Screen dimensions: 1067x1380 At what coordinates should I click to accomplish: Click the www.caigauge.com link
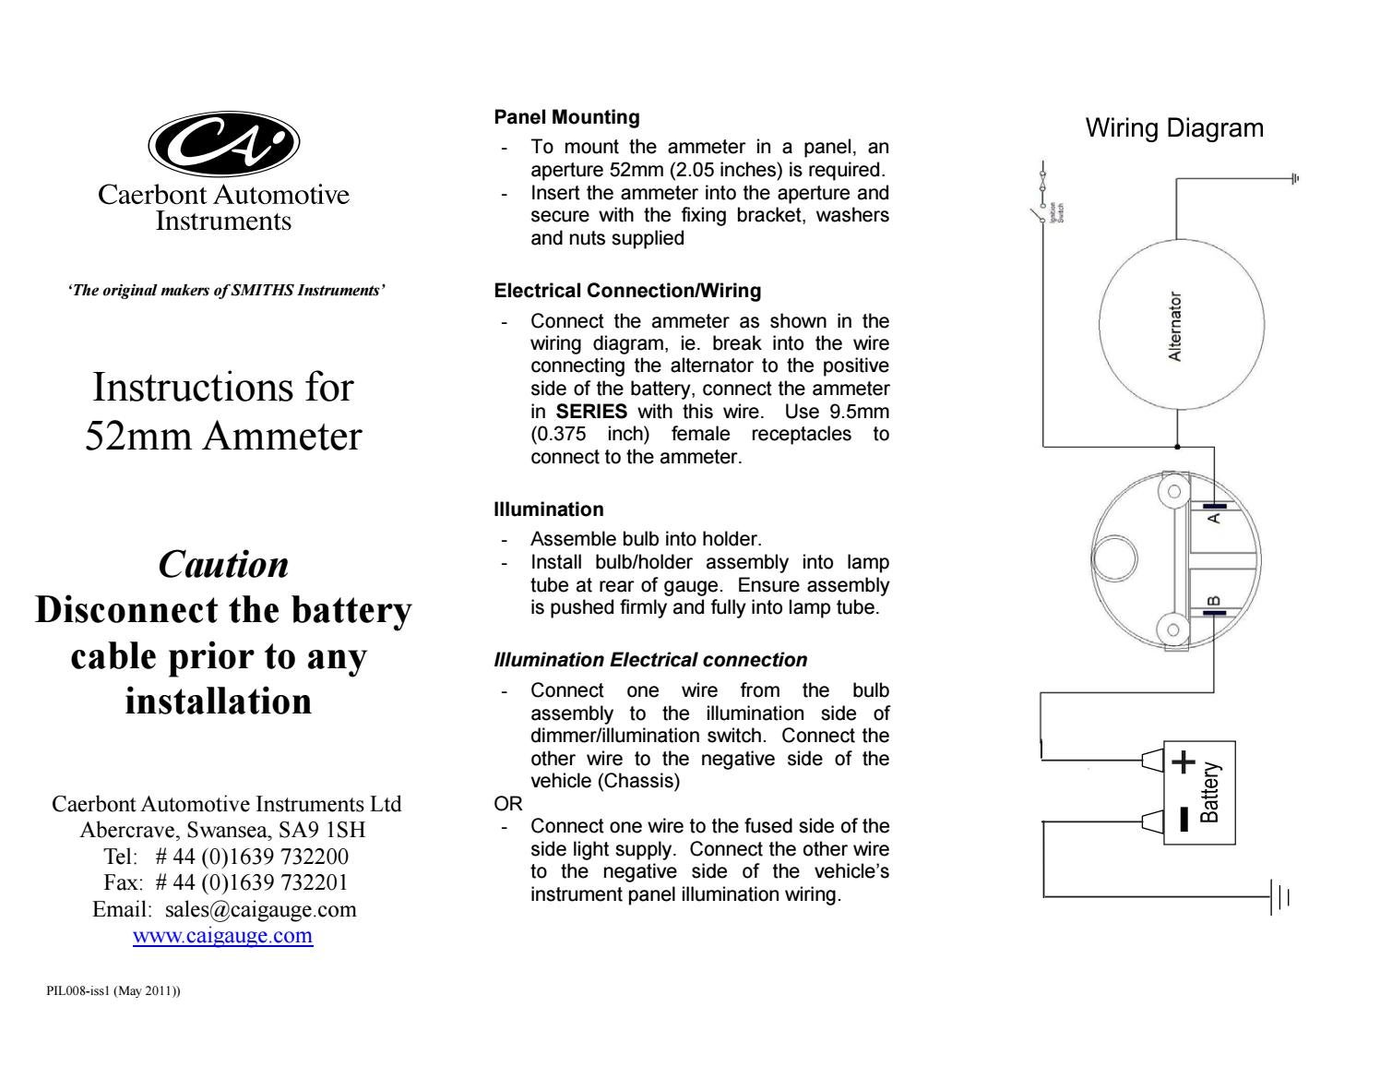[x=223, y=936]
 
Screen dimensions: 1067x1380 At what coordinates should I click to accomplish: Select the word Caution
[x=223, y=565]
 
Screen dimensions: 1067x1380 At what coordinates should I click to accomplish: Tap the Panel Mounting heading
[x=566, y=117]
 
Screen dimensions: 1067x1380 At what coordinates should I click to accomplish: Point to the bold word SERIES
[x=591, y=412]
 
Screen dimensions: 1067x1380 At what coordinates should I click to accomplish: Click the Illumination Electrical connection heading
[x=650, y=660]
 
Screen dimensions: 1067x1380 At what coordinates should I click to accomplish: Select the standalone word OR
[x=508, y=804]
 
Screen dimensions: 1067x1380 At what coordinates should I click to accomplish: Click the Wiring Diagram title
[x=1174, y=128]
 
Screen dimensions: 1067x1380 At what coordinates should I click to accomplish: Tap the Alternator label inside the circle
[x=1175, y=327]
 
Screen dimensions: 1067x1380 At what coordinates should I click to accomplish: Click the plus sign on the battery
[x=1184, y=762]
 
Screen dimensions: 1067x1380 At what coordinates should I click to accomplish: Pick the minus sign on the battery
[x=1184, y=819]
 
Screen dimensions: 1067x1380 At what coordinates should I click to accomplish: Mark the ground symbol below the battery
[x=1279, y=897]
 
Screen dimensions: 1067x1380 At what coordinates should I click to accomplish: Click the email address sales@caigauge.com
[x=260, y=909]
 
